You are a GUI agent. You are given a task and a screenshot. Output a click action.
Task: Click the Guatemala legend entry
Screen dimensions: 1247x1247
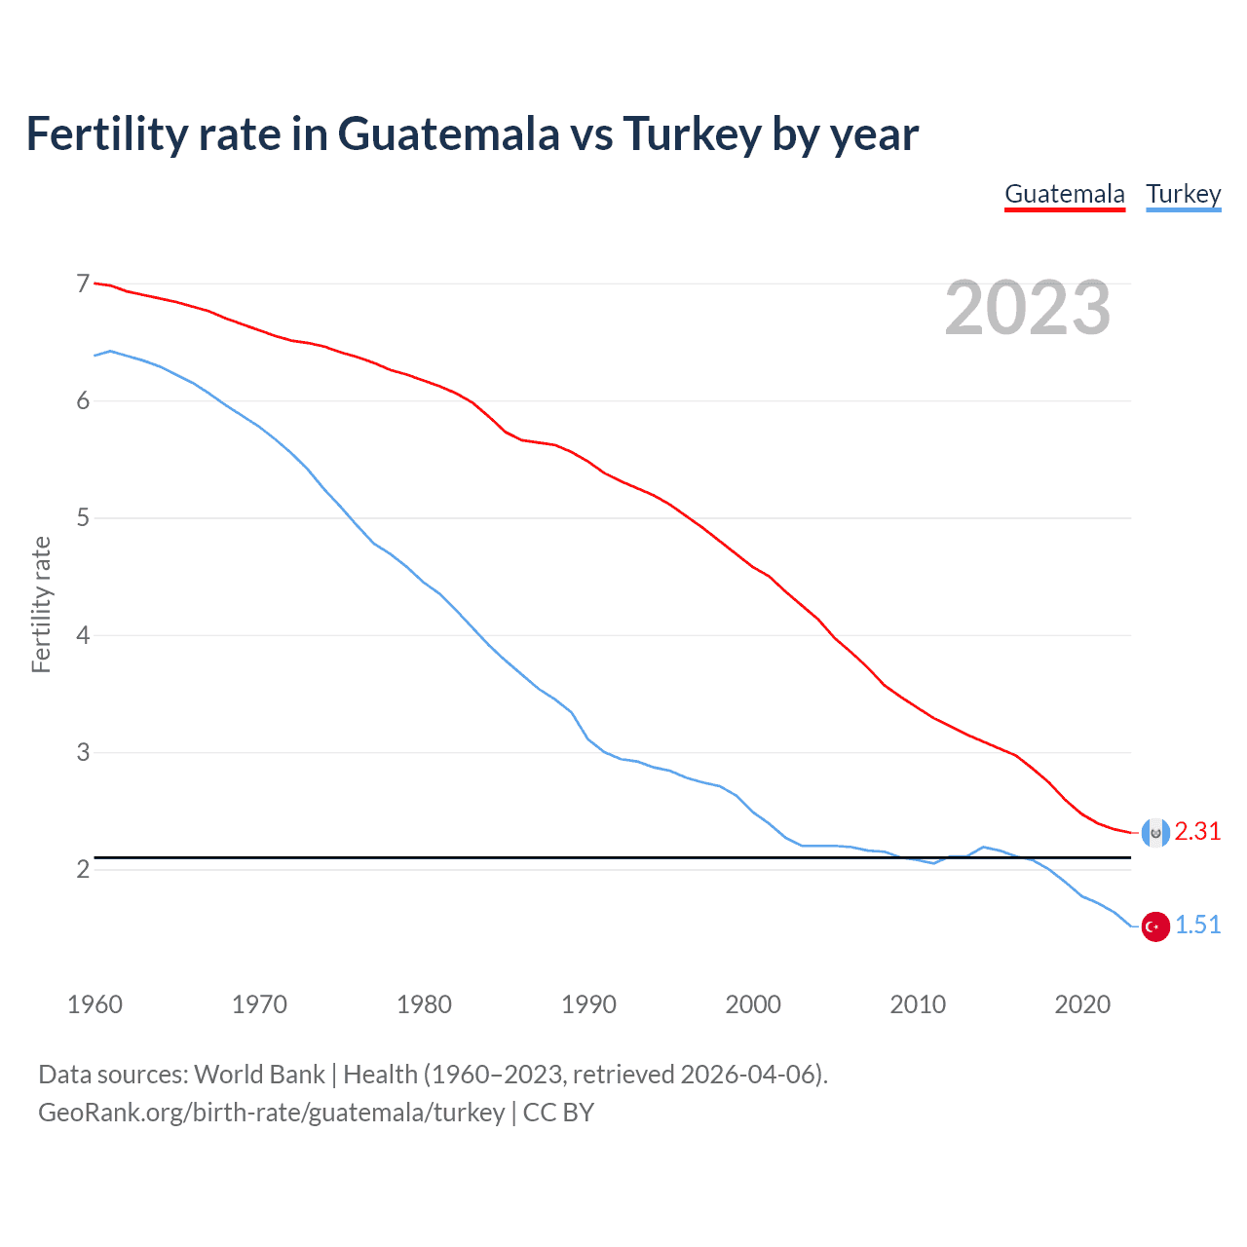click(x=1065, y=194)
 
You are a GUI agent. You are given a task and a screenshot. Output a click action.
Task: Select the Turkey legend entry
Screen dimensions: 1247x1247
click(x=1183, y=194)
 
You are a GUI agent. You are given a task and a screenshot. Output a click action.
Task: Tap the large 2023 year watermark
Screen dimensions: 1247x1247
click(x=1027, y=308)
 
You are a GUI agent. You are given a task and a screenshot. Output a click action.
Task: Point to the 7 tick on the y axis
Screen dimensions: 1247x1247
click(x=83, y=283)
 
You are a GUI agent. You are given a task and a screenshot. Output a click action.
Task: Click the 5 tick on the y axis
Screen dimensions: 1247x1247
click(x=83, y=518)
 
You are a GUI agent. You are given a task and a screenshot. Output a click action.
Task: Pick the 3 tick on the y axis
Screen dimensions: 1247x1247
click(x=83, y=752)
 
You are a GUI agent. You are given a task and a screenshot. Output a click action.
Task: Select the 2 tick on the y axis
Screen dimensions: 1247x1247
click(x=83, y=869)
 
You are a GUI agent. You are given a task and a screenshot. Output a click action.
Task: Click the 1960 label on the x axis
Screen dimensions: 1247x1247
click(x=94, y=1004)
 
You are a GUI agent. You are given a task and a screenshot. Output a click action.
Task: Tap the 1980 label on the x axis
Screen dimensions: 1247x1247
click(x=424, y=1004)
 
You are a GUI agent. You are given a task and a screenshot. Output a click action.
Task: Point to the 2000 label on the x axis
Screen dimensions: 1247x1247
click(x=753, y=1004)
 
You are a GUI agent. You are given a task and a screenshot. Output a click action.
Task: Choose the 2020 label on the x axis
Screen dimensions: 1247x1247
click(x=1082, y=1004)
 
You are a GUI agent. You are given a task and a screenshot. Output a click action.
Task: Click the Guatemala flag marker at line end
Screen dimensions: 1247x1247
click(x=1155, y=832)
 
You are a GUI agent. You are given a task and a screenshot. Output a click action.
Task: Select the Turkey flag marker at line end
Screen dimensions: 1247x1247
click(x=1155, y=926)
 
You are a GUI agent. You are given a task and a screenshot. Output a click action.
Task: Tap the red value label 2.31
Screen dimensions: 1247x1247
click(x=1197, y=831)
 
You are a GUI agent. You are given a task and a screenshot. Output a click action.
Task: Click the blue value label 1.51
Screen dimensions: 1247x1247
click(x=1197, y=925)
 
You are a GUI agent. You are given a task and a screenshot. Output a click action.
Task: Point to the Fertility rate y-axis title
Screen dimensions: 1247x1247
click(x=41, y=604)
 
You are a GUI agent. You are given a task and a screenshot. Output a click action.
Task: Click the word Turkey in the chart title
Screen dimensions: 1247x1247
click(x=692, y=134)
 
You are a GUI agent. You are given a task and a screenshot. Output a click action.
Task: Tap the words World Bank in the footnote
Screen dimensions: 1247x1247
click(x=259, y=1075)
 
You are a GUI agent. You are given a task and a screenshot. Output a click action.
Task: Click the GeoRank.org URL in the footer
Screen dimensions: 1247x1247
click(x=271, y=1113)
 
